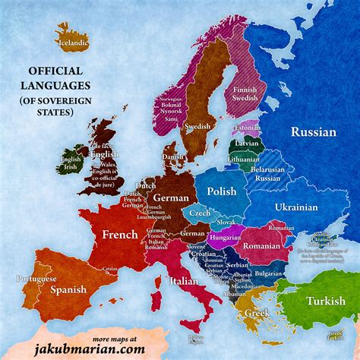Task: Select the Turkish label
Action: [x=325, y=301]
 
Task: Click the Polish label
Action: [x=222, y=192]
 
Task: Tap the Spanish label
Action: [x=68, y=289]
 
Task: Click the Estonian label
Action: [x=246, y=128]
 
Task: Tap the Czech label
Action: [x=200, y=213]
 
